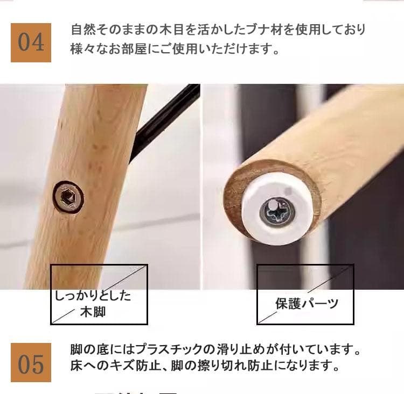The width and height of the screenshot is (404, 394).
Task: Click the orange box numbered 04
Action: point(31,42)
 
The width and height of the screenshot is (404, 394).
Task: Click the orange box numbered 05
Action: point(31,363)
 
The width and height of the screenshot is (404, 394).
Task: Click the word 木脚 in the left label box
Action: point(93,311)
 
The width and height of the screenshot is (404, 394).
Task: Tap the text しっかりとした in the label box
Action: point(93,296)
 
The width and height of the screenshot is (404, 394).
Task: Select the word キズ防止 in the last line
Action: point(133,367)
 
